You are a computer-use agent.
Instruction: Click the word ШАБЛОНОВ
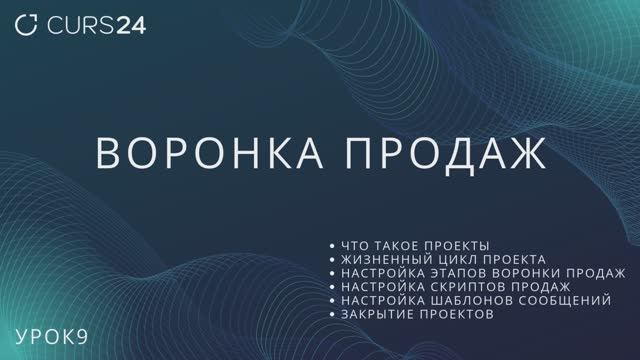468,300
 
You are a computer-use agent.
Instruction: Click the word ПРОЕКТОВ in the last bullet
458,314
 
